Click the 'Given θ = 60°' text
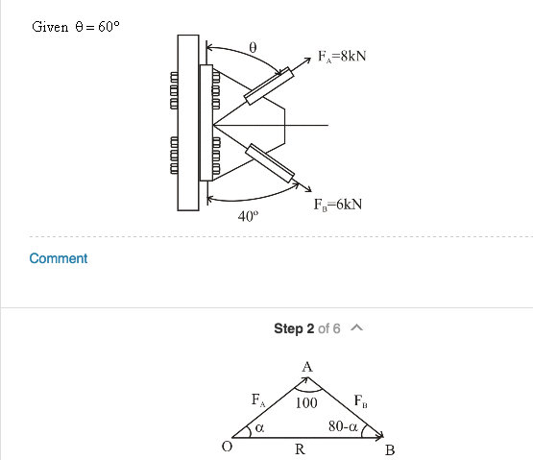pyautogui.click(x=76, y=27)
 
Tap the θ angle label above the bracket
pyautogui.click(x=252, y=46)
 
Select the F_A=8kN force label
pyautogui.click(x=341, y=57)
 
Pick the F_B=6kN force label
pyautogui.click(x=337, y=204)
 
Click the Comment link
pyautogui.click(x=59, y=258)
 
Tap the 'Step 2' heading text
pyautogui.click(x=294, y=328)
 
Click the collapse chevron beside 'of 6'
pyautogui.click(x=356, y=328)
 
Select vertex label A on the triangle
pyautogui.click(x=306, y=367)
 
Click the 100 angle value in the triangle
pyautogui.click(x=306, y=402)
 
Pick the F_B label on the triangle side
pyautogui.click(x=359, y=399)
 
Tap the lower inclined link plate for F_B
pyautogui.click(x=270, y=162)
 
